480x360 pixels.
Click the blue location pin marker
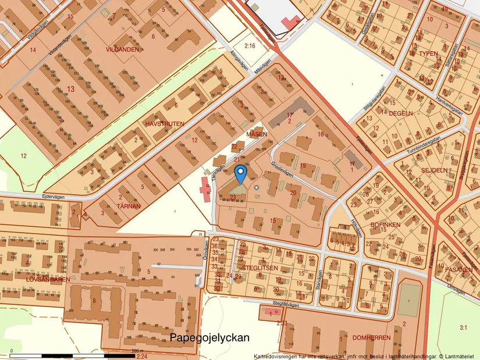pos(240,173)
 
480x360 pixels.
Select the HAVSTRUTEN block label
pos(165,124)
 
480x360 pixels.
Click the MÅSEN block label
pos(257,134)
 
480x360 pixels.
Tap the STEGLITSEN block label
pos(260,268)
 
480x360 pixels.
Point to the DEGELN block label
pos(400,113)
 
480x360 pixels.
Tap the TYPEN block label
pos(428,54)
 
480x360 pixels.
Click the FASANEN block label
pos(459,270)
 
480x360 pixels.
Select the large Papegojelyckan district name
pos(209,337)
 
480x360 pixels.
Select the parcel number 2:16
pos(250,45)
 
